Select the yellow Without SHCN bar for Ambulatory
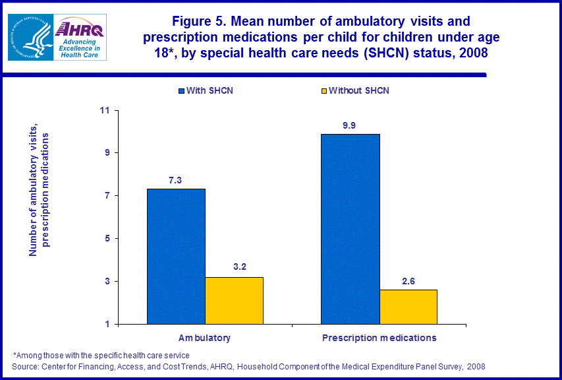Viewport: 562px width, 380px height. [x=234, y=300]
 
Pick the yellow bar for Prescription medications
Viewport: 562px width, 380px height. [x=408, y=307]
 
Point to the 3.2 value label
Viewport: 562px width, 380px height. [x=234, y=268]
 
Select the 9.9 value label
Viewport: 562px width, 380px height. [x=350, y=125]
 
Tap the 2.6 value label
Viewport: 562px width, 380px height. [x=408, y=280]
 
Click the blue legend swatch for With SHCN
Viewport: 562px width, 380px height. [x=181, y=90]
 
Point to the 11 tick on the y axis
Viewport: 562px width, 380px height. [x=104, y=110]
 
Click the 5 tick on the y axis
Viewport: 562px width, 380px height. [x=107, y=238]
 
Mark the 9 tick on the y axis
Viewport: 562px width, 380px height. [x=107, y=153]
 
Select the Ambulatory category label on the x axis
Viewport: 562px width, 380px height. [x=205, y=338]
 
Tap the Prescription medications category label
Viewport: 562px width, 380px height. [x=379, y=338]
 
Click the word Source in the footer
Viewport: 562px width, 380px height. [x=24, y=365]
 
